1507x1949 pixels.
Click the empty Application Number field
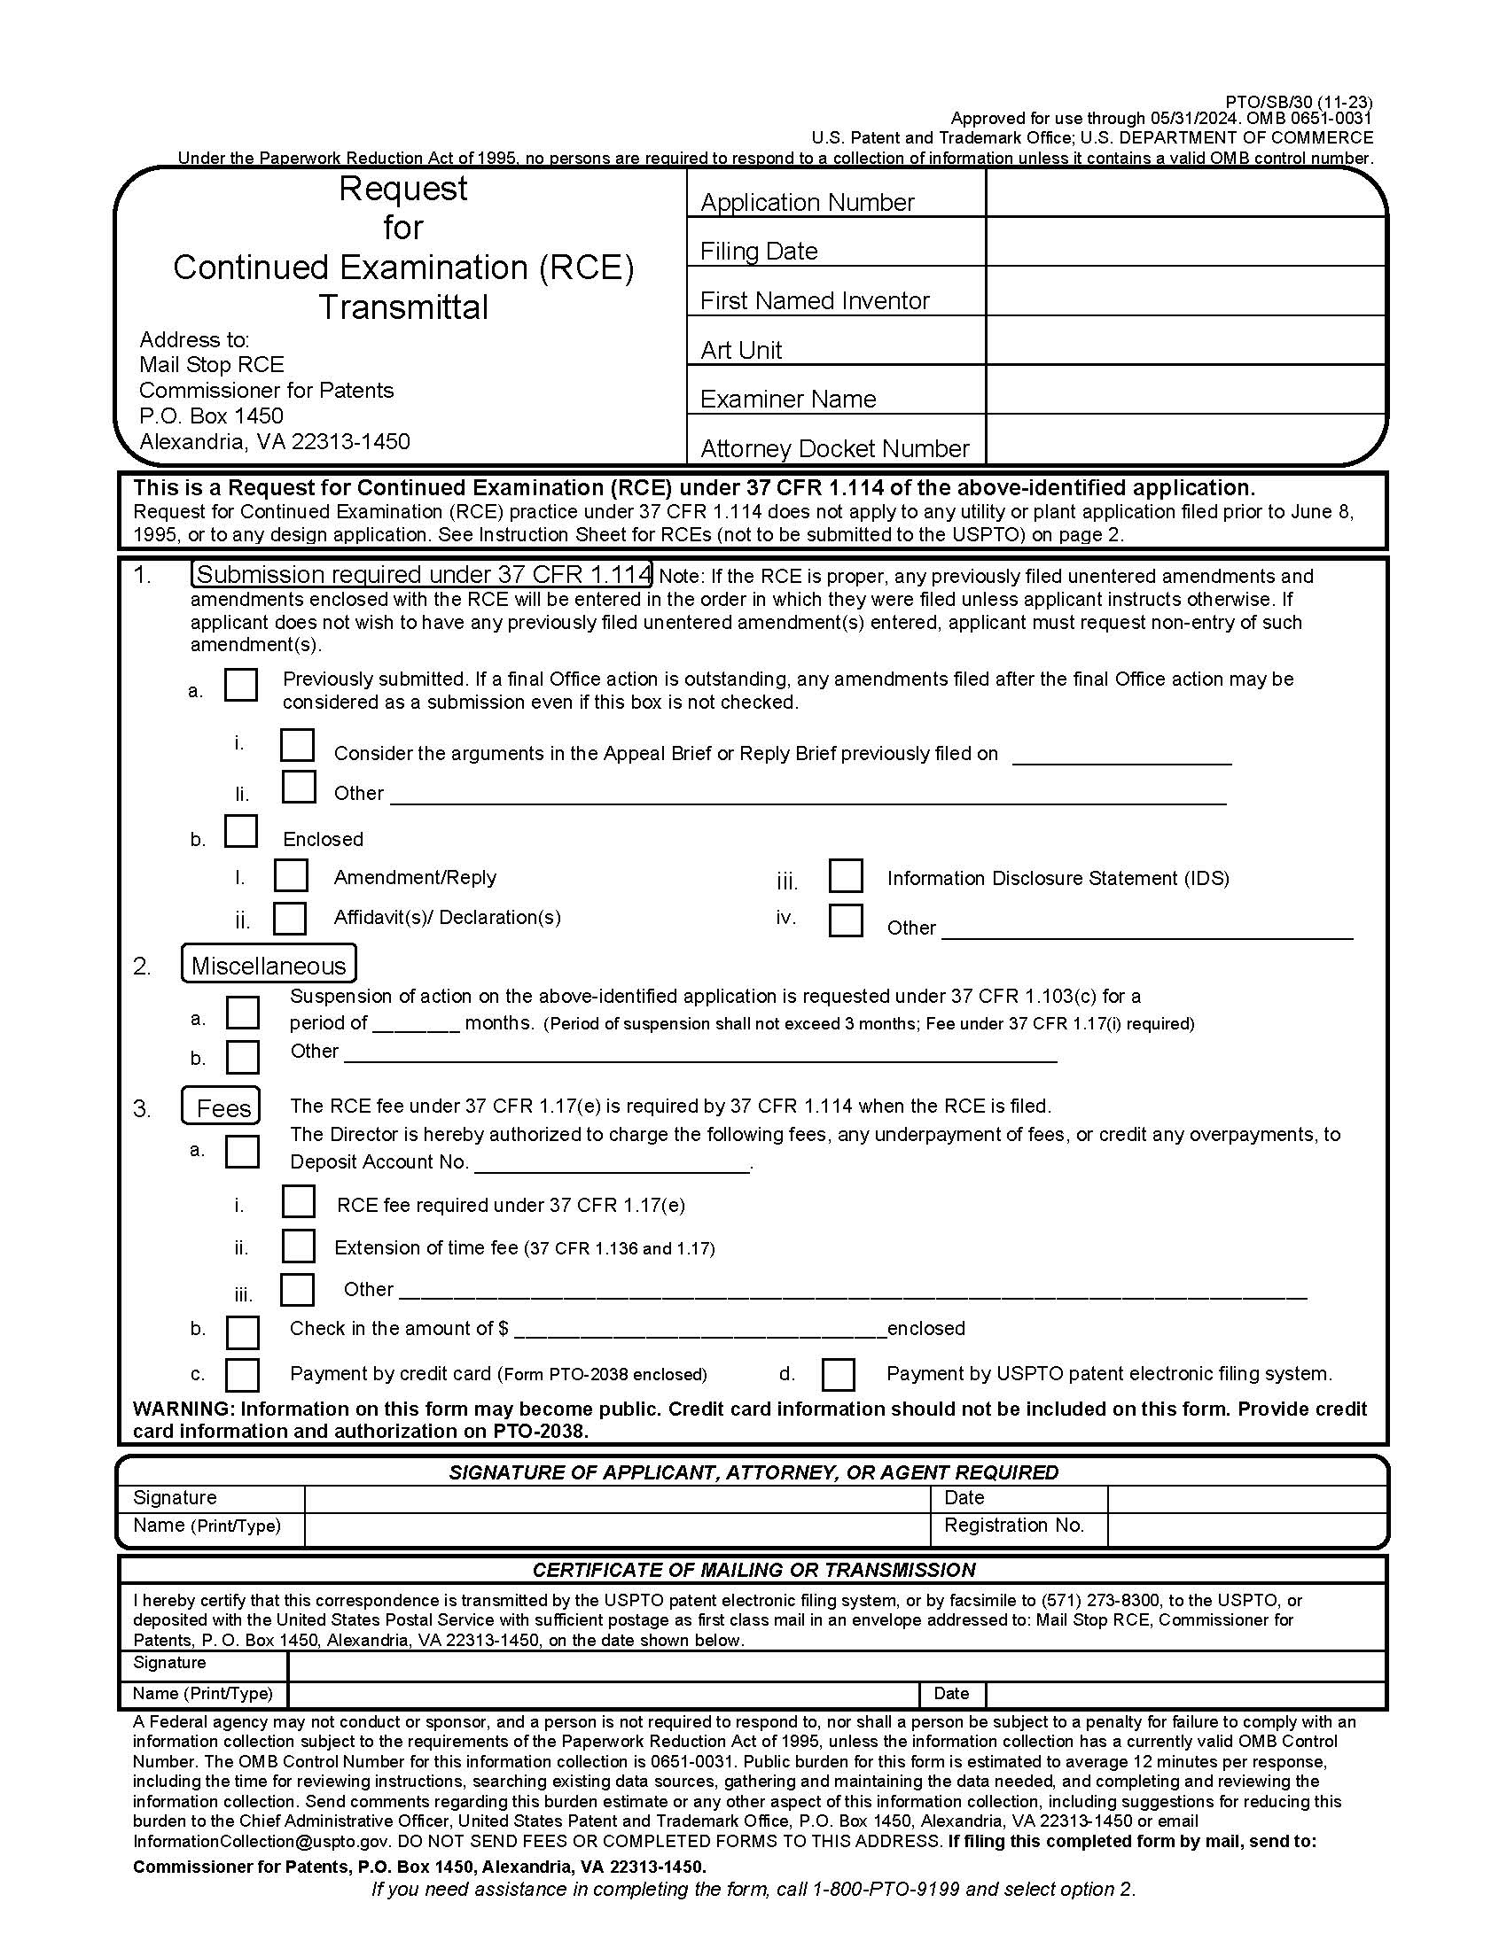[1184, 194]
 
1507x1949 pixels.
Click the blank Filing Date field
[1184, 242]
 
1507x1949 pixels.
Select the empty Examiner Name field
[1184, 390]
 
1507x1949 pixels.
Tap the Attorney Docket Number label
[834, 448]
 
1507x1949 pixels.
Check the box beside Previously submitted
[241, 686]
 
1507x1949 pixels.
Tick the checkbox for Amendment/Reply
[291, 875]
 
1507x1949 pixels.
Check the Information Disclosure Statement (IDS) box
[845, 875]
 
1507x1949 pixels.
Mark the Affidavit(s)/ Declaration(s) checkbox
[290, 918]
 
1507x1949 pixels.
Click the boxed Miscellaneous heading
[269, 965]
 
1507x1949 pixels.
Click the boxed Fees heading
[223, 1107]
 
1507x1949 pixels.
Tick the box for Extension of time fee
[298, 1246]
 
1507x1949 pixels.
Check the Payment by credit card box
[242, 1374]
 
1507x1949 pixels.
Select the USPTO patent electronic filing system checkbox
[838, 1374]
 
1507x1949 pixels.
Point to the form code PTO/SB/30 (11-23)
[1298, 103]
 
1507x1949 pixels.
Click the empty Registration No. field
[1245, 1526]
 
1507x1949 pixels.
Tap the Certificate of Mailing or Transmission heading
[753, 1570]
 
